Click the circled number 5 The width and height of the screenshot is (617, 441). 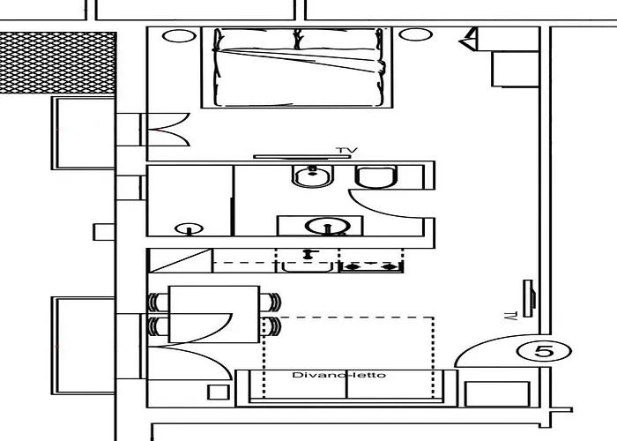click(544, 350)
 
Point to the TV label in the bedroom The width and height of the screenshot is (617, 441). click(346, 150)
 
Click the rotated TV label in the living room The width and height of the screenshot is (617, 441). click(510, 316)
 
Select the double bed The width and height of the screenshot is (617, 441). click(297, 67)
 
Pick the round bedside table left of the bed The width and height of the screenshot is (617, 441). click(179, 36)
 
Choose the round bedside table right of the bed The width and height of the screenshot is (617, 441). click(415, 34)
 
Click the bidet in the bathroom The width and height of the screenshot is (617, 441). click(313, 176)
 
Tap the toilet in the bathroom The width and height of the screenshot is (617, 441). click(376, 176)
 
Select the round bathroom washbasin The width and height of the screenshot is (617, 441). click(327, 226)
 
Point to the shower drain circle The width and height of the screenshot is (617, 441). click(189, 228)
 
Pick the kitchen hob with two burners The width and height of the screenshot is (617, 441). click(371, 261)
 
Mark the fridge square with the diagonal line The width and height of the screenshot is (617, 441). click(180, 260)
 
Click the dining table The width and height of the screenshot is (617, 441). click(214, 314)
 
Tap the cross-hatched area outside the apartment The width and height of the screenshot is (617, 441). click(58, 63)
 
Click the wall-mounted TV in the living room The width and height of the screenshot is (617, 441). click(529, 298)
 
